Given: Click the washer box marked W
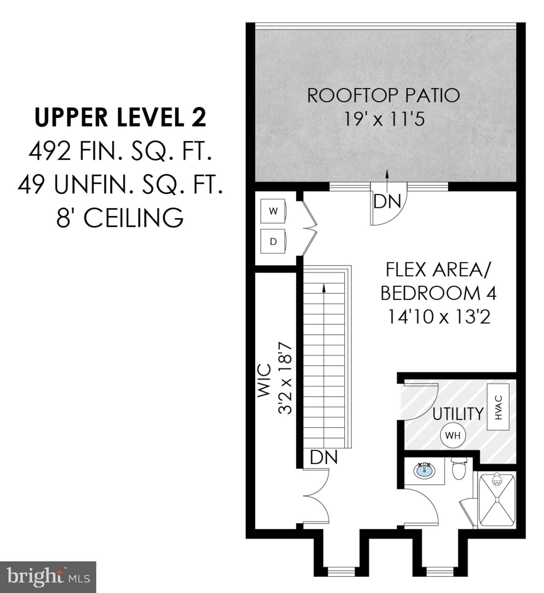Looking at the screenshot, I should [273, 211].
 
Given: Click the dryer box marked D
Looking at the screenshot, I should [273, 242].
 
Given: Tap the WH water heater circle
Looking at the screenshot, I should [453, 435].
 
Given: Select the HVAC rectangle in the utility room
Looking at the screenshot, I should [498, 407].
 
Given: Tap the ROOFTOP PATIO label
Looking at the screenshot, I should [384, 95].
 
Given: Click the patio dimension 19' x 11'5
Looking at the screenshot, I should [384, 119].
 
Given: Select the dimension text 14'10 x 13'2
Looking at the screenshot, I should [439, 317].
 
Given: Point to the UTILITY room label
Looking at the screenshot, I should [458, 414].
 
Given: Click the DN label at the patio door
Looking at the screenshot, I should [387, 202].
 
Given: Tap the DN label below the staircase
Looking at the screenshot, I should [324, 457].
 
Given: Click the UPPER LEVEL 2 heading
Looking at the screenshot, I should [120, 117].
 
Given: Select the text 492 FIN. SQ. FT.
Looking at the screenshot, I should [120, 152].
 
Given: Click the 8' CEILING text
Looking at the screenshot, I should [120, 218].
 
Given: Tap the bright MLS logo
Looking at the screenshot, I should [48, 577].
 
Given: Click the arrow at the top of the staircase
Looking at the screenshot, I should [324, 288].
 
